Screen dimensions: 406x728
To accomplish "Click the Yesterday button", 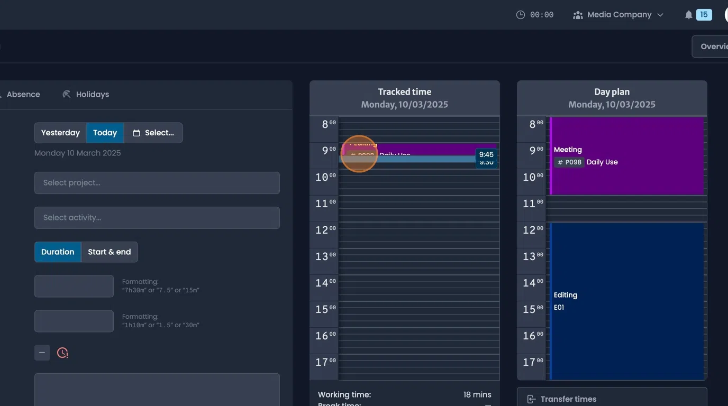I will (x=60, y=133).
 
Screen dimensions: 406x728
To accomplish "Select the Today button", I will (x=105, y=133).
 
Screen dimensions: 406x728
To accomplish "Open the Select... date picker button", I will (x=153, y=133).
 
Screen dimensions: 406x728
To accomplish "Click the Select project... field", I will (x=157, y=183).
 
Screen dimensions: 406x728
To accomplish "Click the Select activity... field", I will (x=157, y=218).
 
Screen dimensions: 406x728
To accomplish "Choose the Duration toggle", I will (x=58, y=252).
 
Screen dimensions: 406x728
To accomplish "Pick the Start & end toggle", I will (x=109, y=252).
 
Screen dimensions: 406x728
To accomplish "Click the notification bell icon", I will (x=688, y=15).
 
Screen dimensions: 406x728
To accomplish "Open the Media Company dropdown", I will (x=618, y=15).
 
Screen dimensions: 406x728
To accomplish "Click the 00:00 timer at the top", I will (x=535, y=15).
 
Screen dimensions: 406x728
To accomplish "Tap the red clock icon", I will (x=62, y=353).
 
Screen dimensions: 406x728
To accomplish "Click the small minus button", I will (x=42, y=353).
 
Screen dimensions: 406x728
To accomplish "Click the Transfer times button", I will (x=612, y=399).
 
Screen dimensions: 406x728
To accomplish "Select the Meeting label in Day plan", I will (x=568, y=150).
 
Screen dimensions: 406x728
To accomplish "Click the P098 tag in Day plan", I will (x=569, y=162).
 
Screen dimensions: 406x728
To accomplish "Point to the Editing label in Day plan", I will (x=565, y=295).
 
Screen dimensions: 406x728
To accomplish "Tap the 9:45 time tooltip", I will (x=486, y=155).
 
